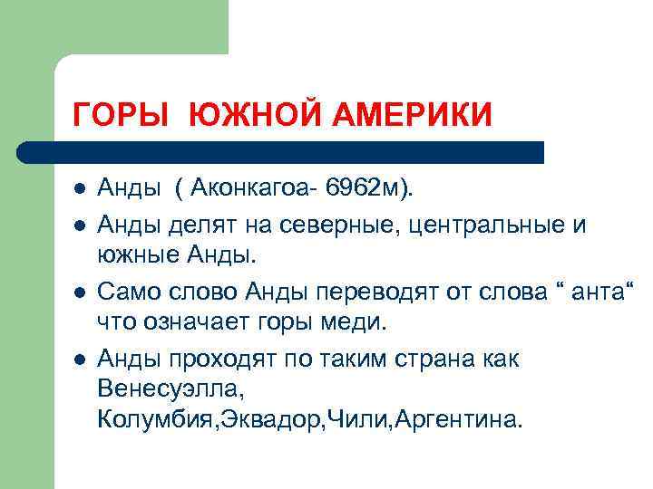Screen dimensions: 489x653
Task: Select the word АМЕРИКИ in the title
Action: pyautogui.click(x=400, y=116)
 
